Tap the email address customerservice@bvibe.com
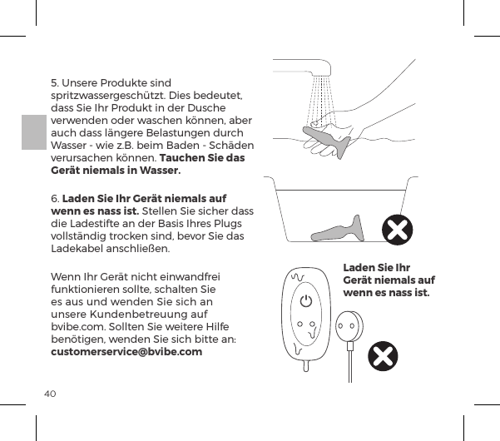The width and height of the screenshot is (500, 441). click(x=126, y=352)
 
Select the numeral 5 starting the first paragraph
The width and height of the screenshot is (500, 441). click(x=54, y=83)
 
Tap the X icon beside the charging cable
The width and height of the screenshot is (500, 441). click(x=382, y=356)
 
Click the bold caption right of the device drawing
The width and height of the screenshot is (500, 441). click(x=389, y=280)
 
